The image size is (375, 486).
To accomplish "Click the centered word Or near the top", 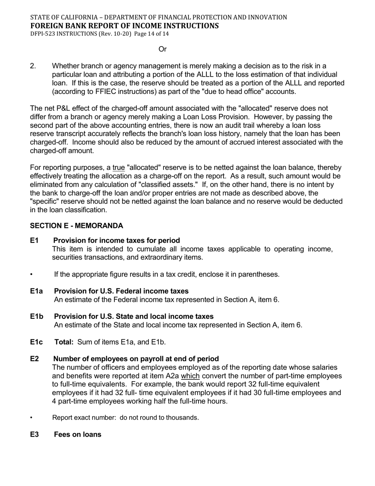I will pos(162,49).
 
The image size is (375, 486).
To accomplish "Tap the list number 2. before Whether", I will pos(33,66).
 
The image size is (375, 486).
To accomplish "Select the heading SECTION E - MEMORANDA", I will pos(77,226).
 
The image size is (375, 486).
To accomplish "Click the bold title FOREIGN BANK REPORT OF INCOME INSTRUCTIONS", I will pos(124,26).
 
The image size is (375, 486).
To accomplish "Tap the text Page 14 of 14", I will pos(152,34).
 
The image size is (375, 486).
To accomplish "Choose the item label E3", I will pos(34,435).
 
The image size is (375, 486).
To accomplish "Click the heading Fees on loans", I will pos(77,435).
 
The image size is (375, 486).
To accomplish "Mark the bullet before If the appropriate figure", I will pos(31,275).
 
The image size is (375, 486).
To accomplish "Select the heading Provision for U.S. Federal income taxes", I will pos(121,291).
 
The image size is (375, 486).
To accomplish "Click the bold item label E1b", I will pos(37,316).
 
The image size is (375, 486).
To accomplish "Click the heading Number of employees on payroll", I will pos(136,359).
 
